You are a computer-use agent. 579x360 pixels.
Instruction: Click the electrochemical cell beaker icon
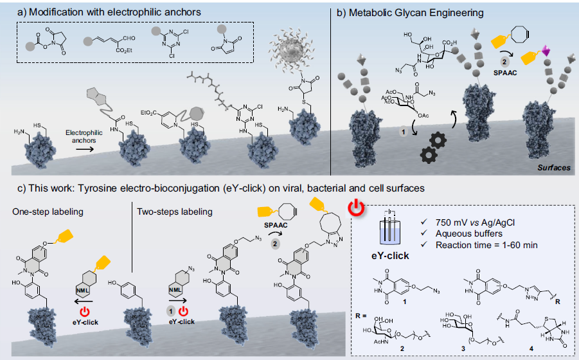click(x=386, y=226)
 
